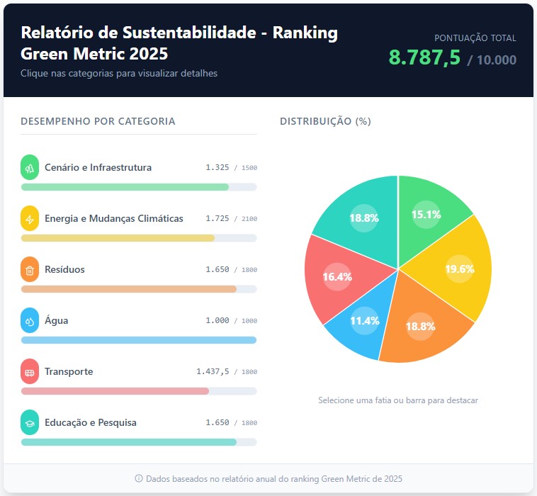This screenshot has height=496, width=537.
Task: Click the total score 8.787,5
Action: pyautogui.click(x=425, y=58)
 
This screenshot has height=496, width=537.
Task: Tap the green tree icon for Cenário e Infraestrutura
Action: pyautogui.click(x=30, y=168)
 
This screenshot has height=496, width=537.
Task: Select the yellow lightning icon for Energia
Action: pyautogui.click(x=30, y=219)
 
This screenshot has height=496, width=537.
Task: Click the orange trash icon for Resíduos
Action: pyautogui.click(x=30, y=270)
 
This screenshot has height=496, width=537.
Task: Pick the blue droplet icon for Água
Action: pyautogui.click(x=30, y=321)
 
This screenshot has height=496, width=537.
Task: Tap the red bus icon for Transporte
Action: pyautogui.click(x=30, y=372)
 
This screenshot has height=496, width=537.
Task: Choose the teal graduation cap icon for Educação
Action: pyautogui.click(x=30, y=423)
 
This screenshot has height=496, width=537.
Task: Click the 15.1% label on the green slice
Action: pyautogui.click(x=426, y=215)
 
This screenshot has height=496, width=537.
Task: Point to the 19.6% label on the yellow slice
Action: pyautogui.click(x=459, y=269)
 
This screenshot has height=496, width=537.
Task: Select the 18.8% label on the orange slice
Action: pyautogui.click(x=420, y=327)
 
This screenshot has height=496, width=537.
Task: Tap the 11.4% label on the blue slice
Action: pyautogui.click(x=365, y=320)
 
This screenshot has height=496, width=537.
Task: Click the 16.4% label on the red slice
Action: pyautogui.click(x=337, y=277)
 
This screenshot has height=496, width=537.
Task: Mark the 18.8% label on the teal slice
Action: pyautogui.click(x=364, y=218)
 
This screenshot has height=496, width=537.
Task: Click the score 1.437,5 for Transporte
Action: pyautogui.click(x=213, y=372)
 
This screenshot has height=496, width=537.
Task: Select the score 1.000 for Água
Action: pyautogui.click(x=217, y=321)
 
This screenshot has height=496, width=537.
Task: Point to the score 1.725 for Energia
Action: pyautogui.click(x=217, y=219)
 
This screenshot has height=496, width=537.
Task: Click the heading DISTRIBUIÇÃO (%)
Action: pyautogui.click(x=325, y=121)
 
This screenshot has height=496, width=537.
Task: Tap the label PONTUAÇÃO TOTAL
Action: pyautogui.click(x=475, y=38)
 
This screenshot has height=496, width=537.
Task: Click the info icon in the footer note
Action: pyautogui.click(x=139, y=479)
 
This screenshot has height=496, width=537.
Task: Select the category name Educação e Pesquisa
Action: pyautogui.click(x=91, y=423)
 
